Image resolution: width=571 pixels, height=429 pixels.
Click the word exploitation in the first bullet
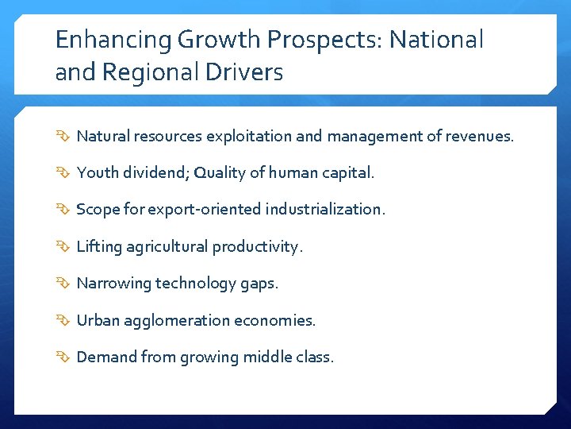click(249, 137)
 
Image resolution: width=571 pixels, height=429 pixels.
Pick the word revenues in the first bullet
click(480, 137)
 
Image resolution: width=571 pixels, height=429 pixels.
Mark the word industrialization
click(325, 210)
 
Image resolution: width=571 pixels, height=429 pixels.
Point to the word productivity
click(257, 247)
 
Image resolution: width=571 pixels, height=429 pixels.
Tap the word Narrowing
click(113, 284)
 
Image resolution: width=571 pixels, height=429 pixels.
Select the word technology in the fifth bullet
click(191, 284)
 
